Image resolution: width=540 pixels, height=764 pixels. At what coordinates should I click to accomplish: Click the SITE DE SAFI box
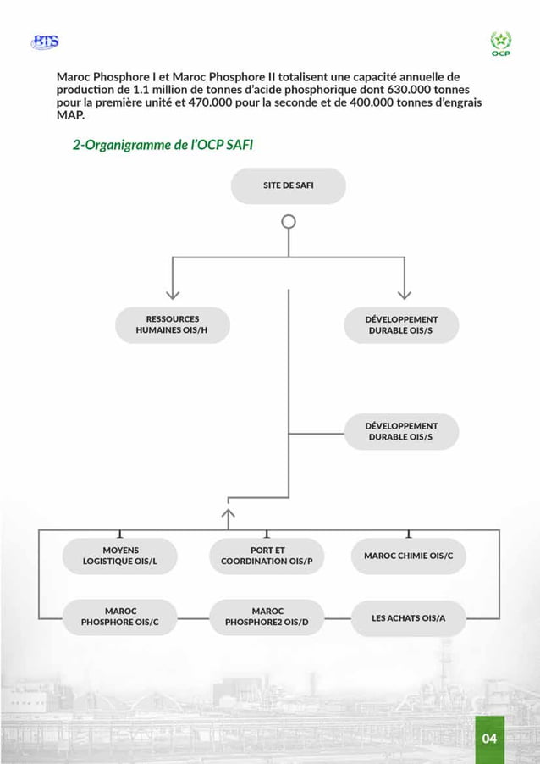click(x=288, y=185)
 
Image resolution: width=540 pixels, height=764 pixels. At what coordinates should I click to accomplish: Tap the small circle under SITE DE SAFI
click(x=289, y=222)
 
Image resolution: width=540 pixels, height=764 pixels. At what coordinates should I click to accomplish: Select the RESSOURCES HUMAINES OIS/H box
click(x=173, y=325)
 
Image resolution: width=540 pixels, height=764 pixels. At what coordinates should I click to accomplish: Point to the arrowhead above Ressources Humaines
click(x=173, y=292)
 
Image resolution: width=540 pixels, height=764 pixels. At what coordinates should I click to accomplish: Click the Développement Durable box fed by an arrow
click(x=401, y=325)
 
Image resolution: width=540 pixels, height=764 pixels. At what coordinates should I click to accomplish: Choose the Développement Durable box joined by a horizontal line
click(x=401, y=431)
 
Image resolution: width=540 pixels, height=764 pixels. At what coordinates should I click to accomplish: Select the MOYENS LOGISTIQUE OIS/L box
click(x=120, y=556)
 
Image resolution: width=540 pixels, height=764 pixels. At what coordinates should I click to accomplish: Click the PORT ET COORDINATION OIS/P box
click(x=267, y=556)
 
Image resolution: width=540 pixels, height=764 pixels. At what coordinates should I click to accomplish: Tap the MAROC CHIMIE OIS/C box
click(x=408, y=556)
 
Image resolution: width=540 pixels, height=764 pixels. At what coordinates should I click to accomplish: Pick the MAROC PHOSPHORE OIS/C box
click(x=120, y=617)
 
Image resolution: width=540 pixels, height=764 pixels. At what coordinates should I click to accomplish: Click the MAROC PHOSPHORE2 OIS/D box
click(x=267, y=617)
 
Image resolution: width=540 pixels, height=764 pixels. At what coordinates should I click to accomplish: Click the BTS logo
click(x=44, y=42)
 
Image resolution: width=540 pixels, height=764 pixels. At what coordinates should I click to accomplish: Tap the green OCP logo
click(x=500, y=43)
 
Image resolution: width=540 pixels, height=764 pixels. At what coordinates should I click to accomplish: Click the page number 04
click(x=489, y=739)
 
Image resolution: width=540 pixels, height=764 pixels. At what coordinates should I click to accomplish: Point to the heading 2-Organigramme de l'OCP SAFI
click(x=163, y=145)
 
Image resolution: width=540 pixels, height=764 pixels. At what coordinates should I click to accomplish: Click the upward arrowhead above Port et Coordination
click(x=228, y=512)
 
